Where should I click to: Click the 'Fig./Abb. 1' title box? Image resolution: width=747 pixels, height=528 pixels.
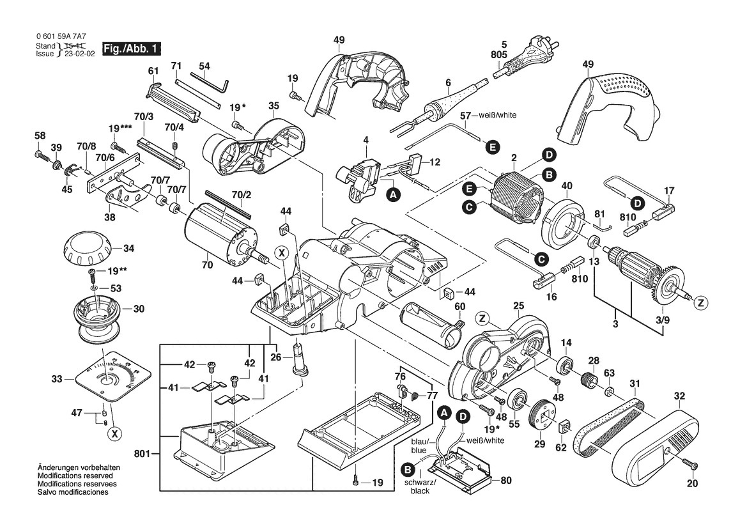coord(132,49)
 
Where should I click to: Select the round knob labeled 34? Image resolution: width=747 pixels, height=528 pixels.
coord(86,250)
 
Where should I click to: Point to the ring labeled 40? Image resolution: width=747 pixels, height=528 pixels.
coord(564,223)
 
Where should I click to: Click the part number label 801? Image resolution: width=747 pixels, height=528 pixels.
coord(142,454)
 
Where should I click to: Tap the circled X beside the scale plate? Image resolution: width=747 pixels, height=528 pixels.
coord(114,433)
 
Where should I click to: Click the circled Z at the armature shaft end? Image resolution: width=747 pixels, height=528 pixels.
coord(701,302)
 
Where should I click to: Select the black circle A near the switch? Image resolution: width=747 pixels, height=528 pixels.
coord(392,194)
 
